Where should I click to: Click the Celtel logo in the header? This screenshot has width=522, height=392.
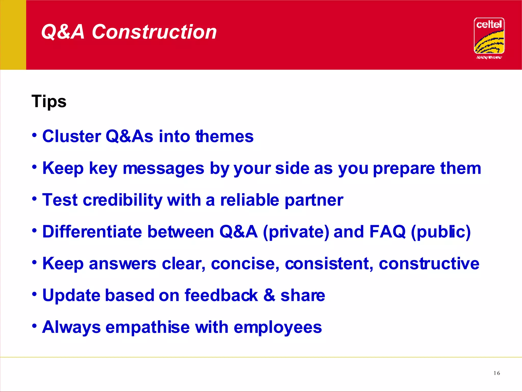489,37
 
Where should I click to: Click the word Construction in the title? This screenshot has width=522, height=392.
154,32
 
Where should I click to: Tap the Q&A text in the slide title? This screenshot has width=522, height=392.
63,32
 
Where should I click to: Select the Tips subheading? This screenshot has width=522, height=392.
49,102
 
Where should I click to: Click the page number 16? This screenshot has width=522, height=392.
497,373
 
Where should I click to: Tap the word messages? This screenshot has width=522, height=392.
163,168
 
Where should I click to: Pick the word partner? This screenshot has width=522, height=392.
314,200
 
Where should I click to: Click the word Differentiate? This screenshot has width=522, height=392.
92,231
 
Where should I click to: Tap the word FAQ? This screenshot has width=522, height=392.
387,232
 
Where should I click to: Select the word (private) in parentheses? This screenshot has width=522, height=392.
296,232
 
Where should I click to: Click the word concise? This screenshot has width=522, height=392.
245,264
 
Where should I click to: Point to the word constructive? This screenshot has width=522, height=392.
429,264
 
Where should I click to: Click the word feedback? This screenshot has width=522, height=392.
221,295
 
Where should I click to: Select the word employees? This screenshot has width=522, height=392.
278,327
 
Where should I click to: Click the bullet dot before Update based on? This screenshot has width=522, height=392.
35,294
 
